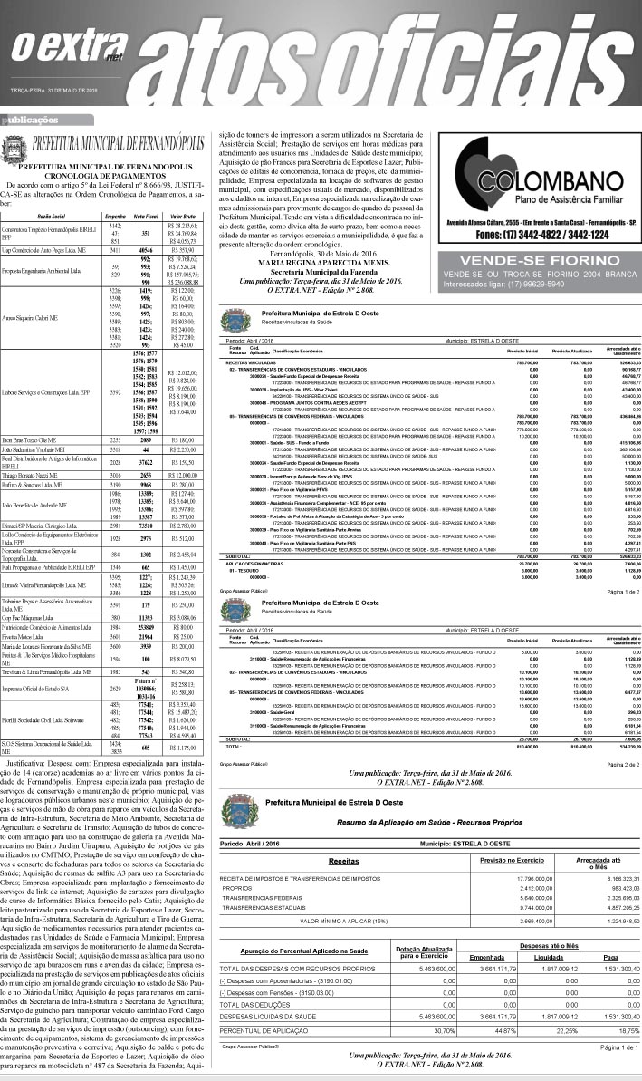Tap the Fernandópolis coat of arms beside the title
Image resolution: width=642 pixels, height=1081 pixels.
(x=15, y=148)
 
